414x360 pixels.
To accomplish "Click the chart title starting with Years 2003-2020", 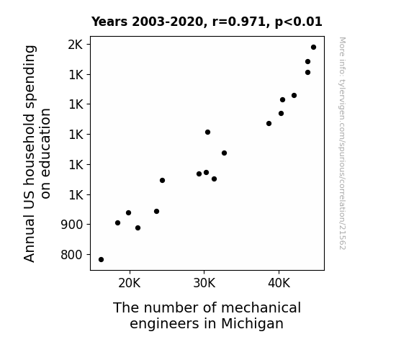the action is tap(207, 22).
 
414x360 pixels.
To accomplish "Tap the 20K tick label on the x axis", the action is tap(130, 284).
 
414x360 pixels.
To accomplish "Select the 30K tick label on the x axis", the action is tap(204, 284).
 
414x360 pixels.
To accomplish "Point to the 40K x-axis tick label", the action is tap(279, 284).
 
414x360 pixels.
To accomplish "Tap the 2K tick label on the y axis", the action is tap(76, 45).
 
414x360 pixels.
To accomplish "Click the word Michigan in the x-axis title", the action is tap(252, 323).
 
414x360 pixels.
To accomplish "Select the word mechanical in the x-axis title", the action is tap(261, 307).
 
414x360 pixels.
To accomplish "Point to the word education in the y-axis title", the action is tap(45, 153).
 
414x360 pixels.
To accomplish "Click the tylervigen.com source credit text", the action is tap(342, 143).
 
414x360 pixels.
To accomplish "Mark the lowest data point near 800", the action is tap(101, 259).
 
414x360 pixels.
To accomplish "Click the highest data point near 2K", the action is tap(313, 47).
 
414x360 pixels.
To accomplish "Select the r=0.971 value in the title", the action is tap(239, 22).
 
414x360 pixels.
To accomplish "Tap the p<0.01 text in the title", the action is tap(299, 22).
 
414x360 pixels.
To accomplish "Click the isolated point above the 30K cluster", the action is tap(207, 132).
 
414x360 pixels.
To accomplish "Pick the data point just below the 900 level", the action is tap(138, 228).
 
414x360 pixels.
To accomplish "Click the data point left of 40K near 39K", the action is tap(269, 123).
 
